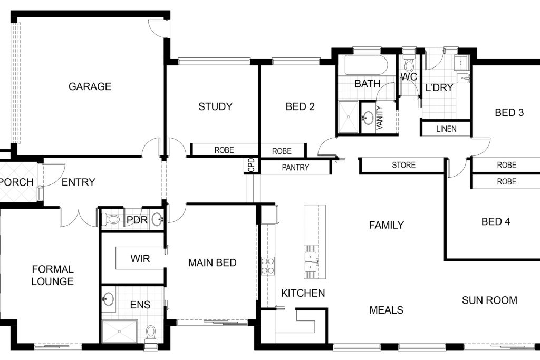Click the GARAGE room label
[90, 86]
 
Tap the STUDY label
[215, 106]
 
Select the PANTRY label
[295, 168]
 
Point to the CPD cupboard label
[252, 165]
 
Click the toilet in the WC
[409, 64]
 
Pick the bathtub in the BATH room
[367, 65]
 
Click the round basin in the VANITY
[368, 118]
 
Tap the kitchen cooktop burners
[268, 266]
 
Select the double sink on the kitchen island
[311, 261]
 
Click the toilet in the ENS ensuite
[151, 334]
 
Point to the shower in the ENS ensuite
[120, 332]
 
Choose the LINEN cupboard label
[446, 129]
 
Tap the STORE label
[403, 165]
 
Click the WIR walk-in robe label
[140, 259]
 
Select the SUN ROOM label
[489, 300]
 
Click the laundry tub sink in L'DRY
[463, 78]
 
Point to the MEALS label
[386, 310]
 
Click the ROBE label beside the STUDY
[224, 150]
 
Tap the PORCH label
[16, 182]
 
